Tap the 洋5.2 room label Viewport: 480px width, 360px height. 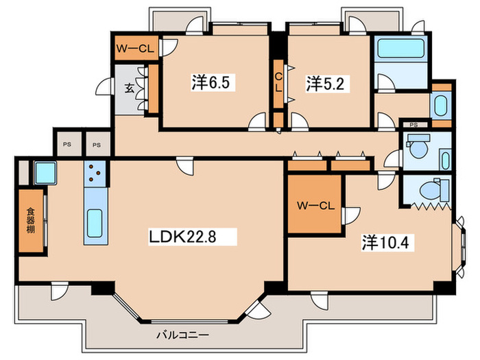320,84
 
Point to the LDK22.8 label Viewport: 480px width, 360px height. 193,237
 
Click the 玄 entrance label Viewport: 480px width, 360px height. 129,88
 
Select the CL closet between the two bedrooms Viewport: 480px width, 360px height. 279,83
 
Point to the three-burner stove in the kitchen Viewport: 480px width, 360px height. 94,177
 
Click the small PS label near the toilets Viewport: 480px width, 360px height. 414,125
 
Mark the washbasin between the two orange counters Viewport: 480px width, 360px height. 440,106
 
